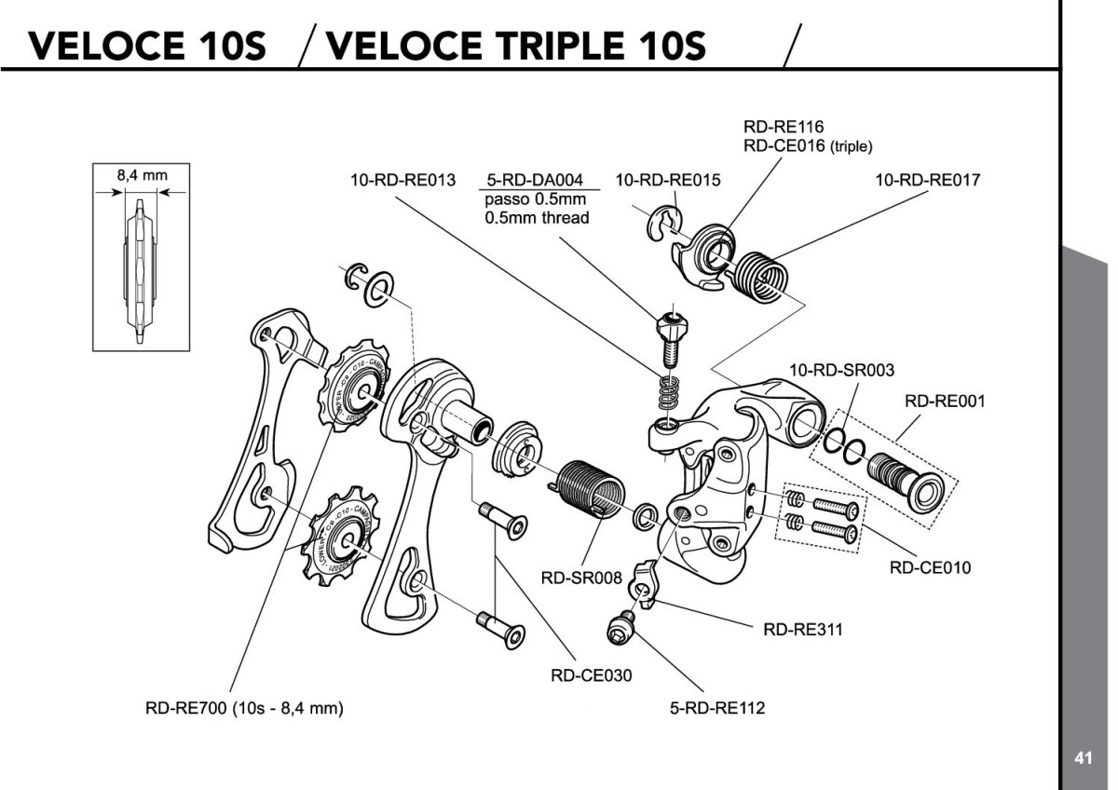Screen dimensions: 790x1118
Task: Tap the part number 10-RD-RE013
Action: pyautogui.click(x=402, y=180)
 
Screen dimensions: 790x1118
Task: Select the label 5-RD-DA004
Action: pyautogui.click(x=535, y=180)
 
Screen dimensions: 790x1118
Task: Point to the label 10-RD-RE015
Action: pyautogui.click(x=669, y=180)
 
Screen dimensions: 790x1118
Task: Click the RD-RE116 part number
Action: pyautogui.click(x=783, y=126)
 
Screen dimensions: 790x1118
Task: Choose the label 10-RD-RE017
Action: pyautogui.click(x=928, y=180)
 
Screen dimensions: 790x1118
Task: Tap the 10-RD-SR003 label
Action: pyautogui.click(x=841, y=370)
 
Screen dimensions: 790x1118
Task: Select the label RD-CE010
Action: pyautogui.click(x=930, y=567)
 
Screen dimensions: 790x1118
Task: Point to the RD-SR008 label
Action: pyautogui.click(x=581, y=578)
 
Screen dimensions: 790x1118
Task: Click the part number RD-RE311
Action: pyautogui.click(x=802, y=629)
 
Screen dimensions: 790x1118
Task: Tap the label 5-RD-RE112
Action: pyautogui.click(x=717, y=707)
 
